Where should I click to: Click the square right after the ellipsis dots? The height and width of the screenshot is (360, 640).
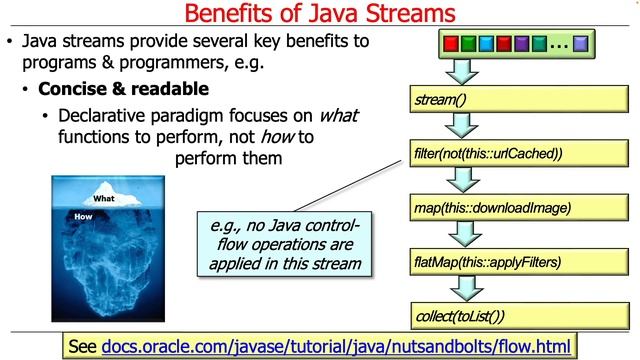tap(581, 45)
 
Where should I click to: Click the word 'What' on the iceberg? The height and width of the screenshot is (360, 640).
tap(103, 198)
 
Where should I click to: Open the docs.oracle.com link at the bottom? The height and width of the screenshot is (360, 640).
tap(337, 346)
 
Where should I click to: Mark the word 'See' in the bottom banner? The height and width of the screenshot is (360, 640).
tap(81, 346)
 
